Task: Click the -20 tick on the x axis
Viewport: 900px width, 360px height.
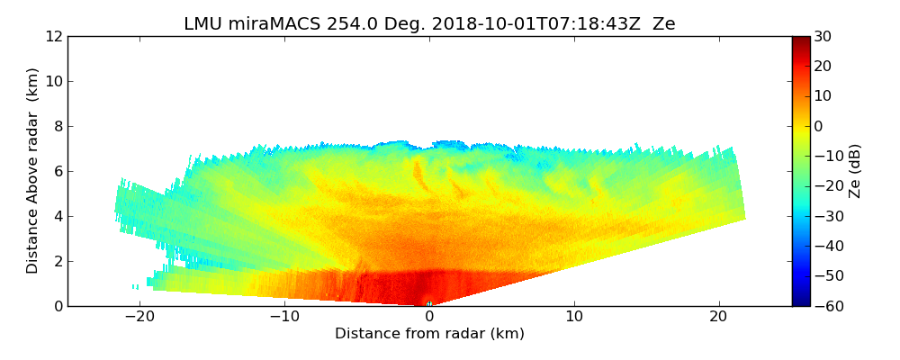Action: pyautogui.click(x=139, y=317)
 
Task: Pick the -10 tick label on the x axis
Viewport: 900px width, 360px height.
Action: pyautogui.click(x=284, y=317)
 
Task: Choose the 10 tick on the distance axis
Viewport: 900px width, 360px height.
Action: pyautogui.click(x=574, y=317)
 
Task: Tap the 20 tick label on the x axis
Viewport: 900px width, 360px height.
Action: pyautogui.click(x=719, y=317)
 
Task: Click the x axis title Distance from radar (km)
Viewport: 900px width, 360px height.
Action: pyautogui.click(x=429, y=334)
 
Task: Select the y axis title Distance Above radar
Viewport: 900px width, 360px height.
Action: pyautogui.click(x=33, y=171)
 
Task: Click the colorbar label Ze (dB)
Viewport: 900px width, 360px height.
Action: pyautogui.click(x=855, y=171)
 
